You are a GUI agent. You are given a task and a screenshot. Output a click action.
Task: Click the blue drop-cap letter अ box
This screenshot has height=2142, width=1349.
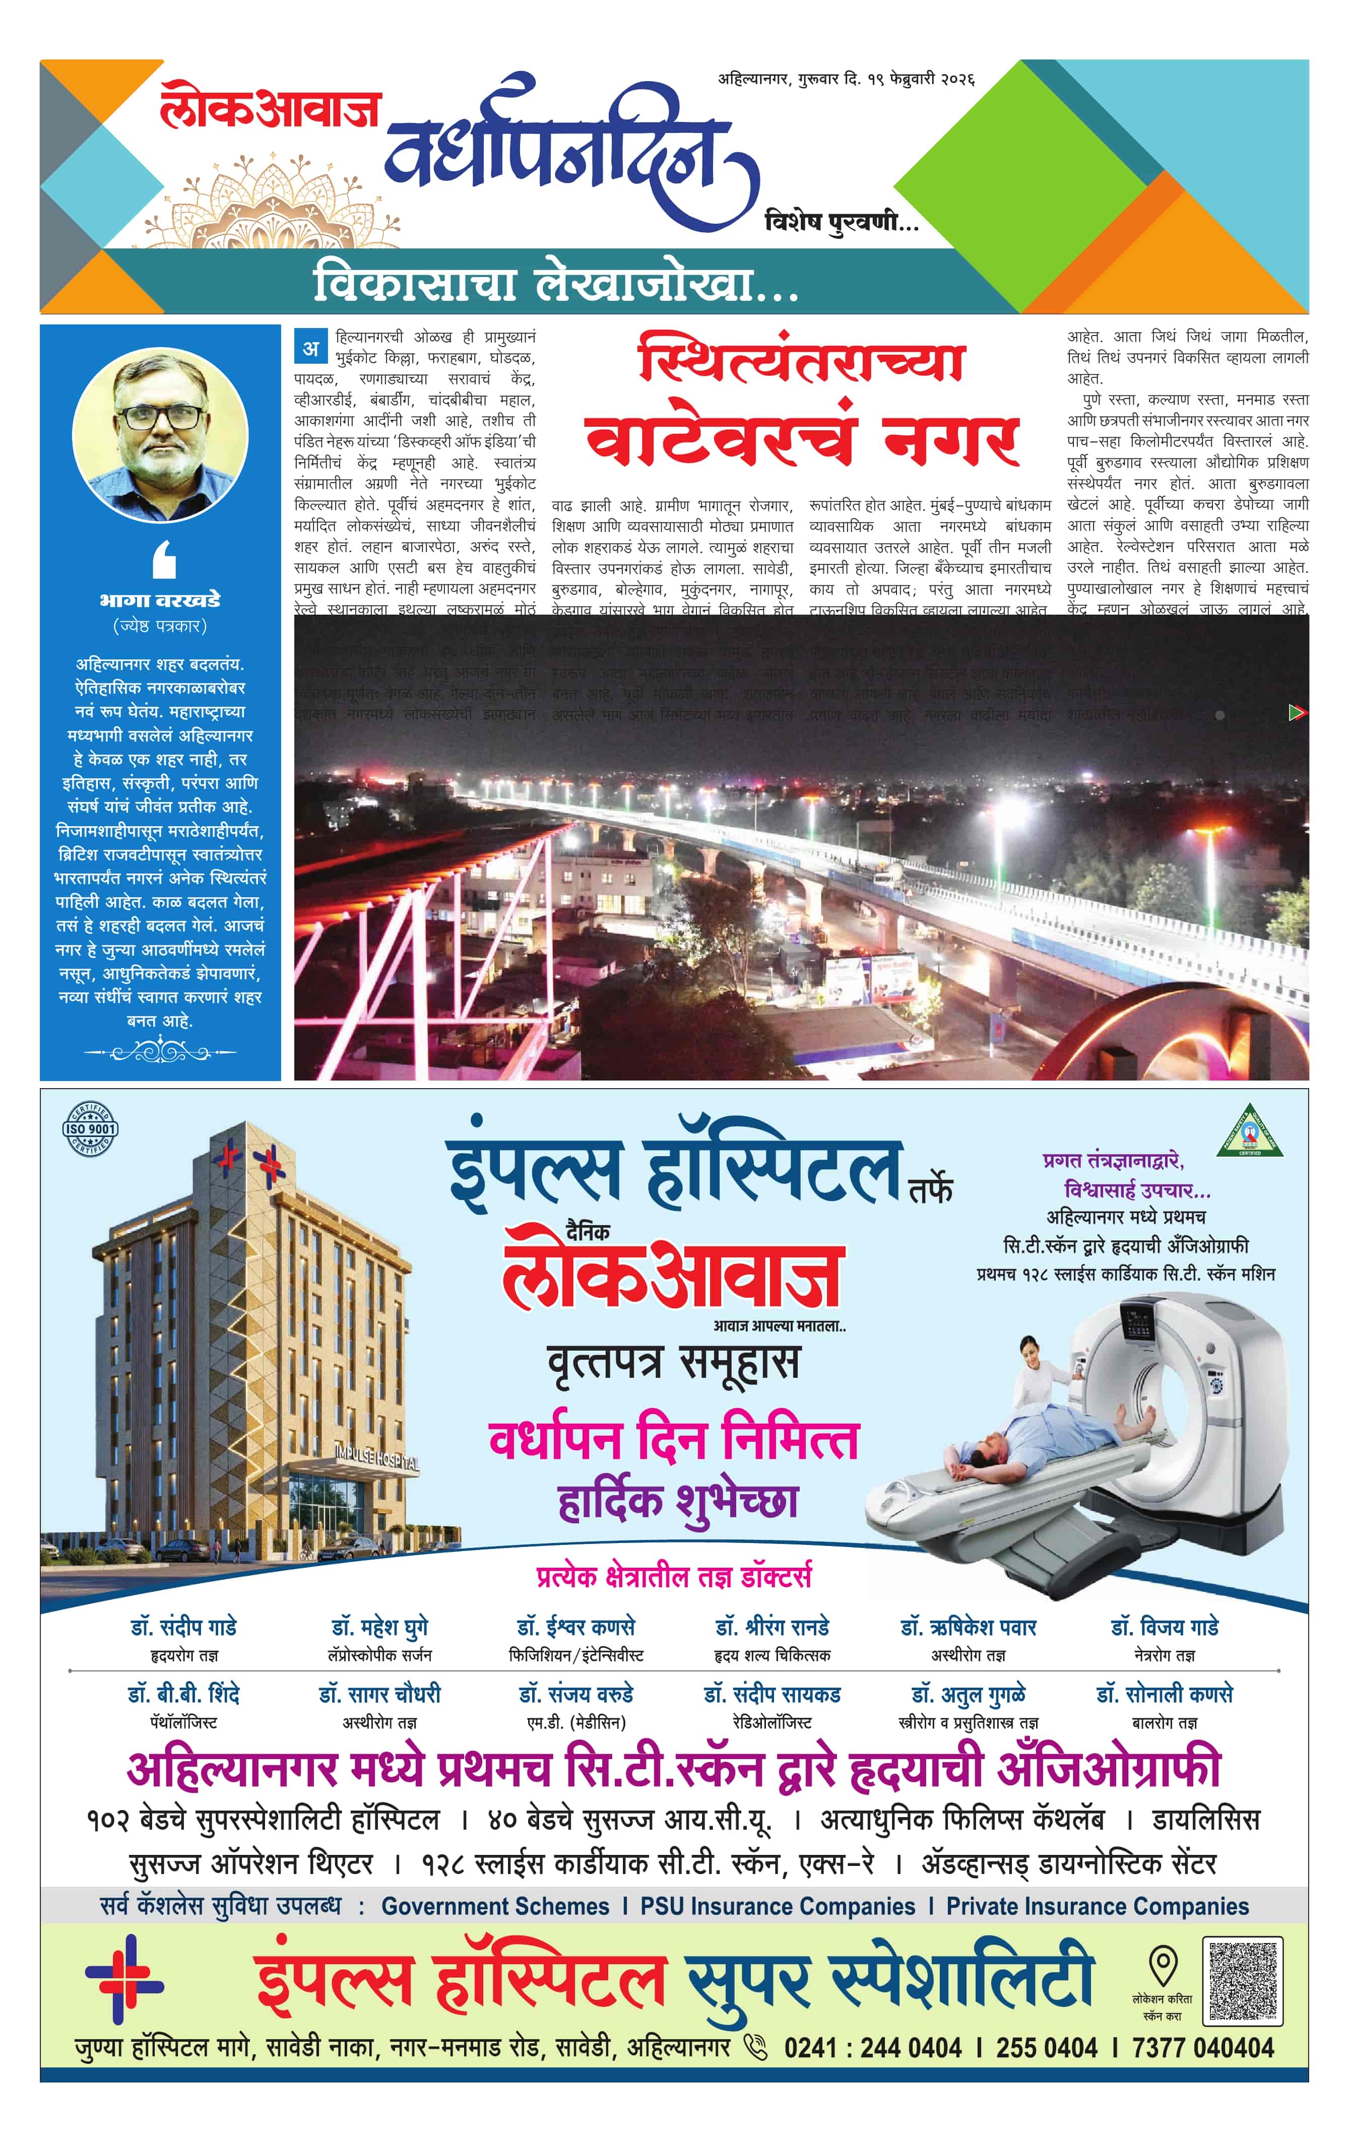(310, 348)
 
